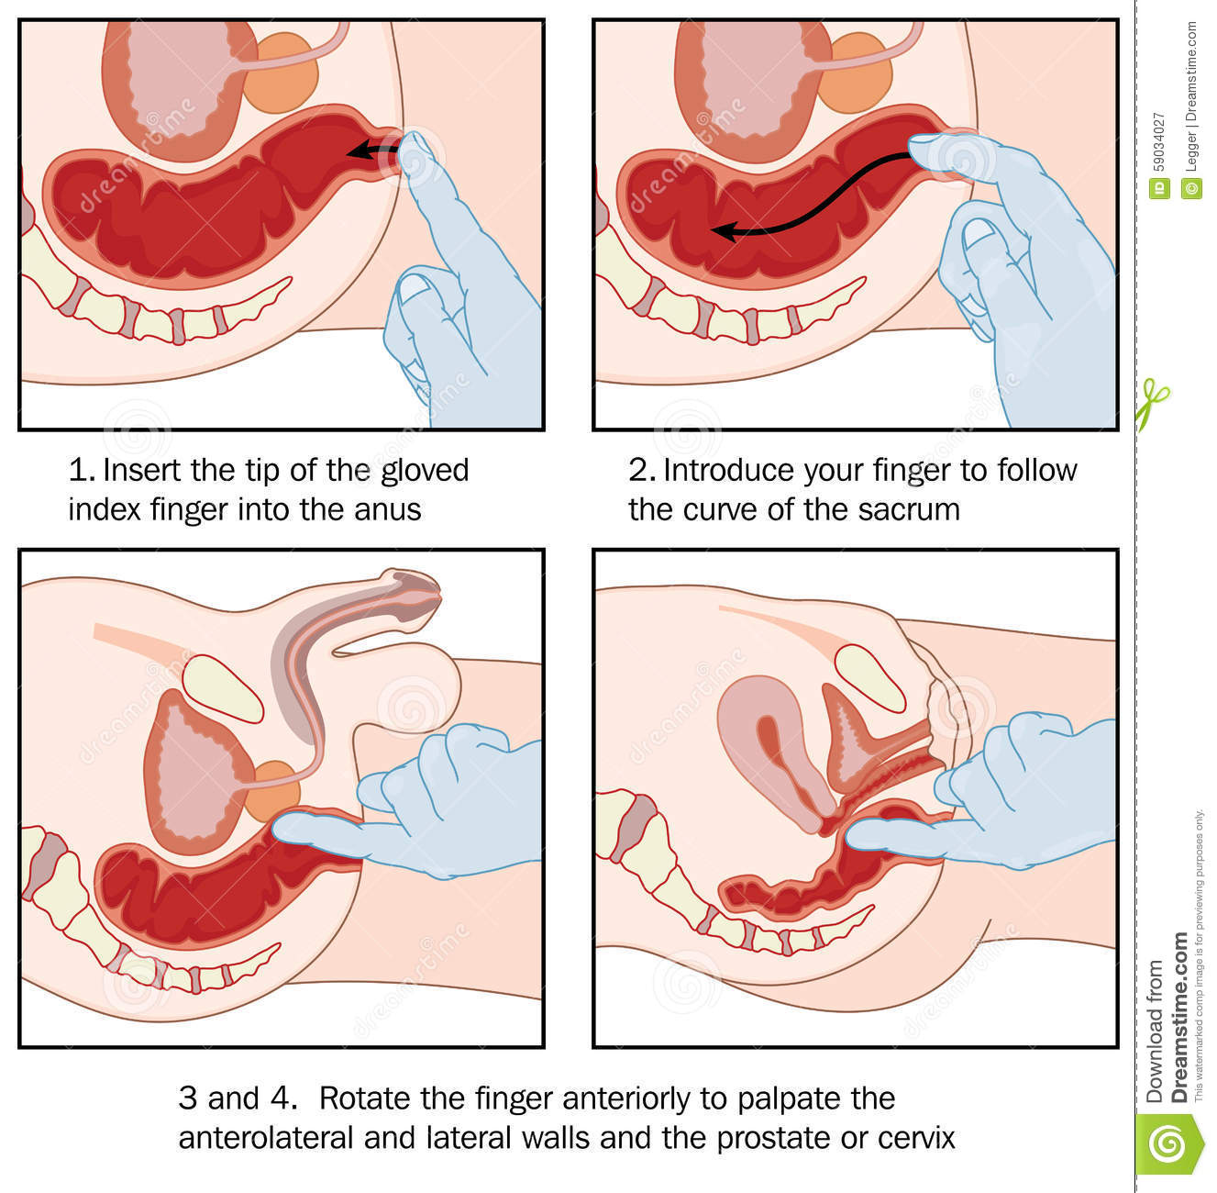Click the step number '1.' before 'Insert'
pyautogui.click(x=82, y=471)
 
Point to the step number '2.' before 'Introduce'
pyautogui.click(x=641, y=471)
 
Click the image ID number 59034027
pyautogui.click(x=1158, y=143)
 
